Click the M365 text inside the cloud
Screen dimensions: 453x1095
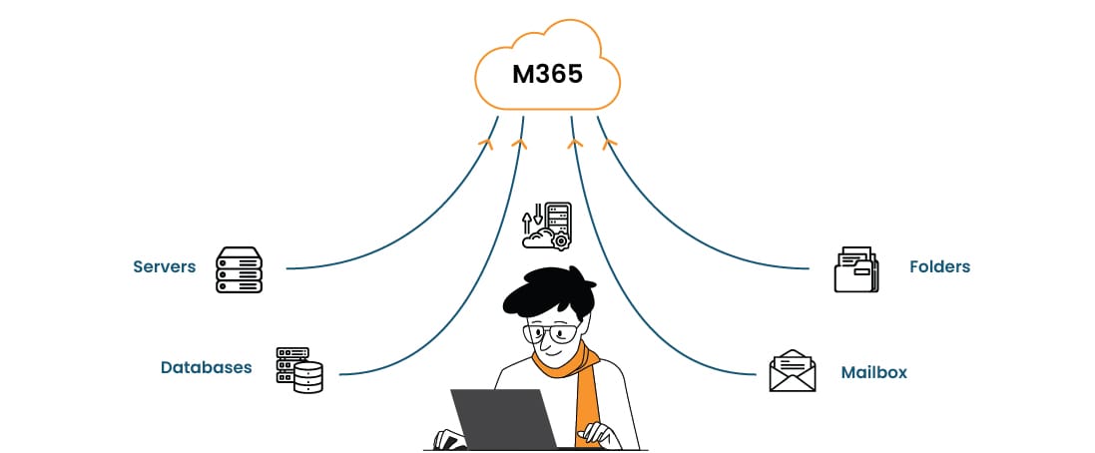point(547,74)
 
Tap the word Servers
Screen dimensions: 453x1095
point(164,266)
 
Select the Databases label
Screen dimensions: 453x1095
point(207,367)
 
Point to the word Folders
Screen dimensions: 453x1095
point(939,266)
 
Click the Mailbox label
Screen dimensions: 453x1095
point(873,372)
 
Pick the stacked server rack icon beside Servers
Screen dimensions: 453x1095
point(239,269)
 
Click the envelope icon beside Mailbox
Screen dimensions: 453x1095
point(793,371)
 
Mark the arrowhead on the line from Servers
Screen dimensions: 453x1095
point(486,144)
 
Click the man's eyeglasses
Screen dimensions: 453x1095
point(551,332)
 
